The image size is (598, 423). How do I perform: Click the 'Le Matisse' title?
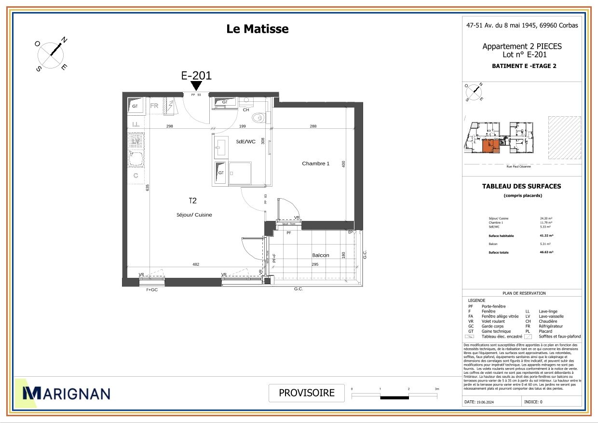pyautogui.click(x=258, y=29)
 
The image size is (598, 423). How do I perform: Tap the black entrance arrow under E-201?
pyautogui.click(x=196, y=86)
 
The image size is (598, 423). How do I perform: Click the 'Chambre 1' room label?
pyautogui.click(x=315, y=164)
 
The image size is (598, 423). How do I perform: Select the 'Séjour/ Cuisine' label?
pyautogui.click(x=194, y=215)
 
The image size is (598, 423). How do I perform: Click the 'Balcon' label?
pyautogui.click(x=321, y=255)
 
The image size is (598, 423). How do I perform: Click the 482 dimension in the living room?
pyautogui.click(x=196, y=264)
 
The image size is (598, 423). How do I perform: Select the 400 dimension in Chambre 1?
pyautogui.click(x=343, y=164)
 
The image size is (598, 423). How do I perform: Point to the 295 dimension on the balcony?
pyautogui.click(x=314, y=264)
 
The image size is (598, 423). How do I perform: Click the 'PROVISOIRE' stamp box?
pyautogui.click(x=307, y=393)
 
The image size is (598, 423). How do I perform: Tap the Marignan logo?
pyautogui.click(x=63, y=394)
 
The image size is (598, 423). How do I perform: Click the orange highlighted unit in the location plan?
pyautogui.click(x=490, y=146)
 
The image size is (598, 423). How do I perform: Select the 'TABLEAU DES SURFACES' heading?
pyautogui.click(x=521, y=186)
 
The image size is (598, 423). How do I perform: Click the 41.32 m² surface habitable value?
pyautogui.click(x=546, y=236)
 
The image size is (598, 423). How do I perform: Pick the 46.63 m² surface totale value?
pyautogui.click(x=546, y=252)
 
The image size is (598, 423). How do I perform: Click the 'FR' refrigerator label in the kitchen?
pyautogui.click(x=155, y=106)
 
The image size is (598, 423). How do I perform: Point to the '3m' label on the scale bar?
pyautogui.click(x=437, y=388)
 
